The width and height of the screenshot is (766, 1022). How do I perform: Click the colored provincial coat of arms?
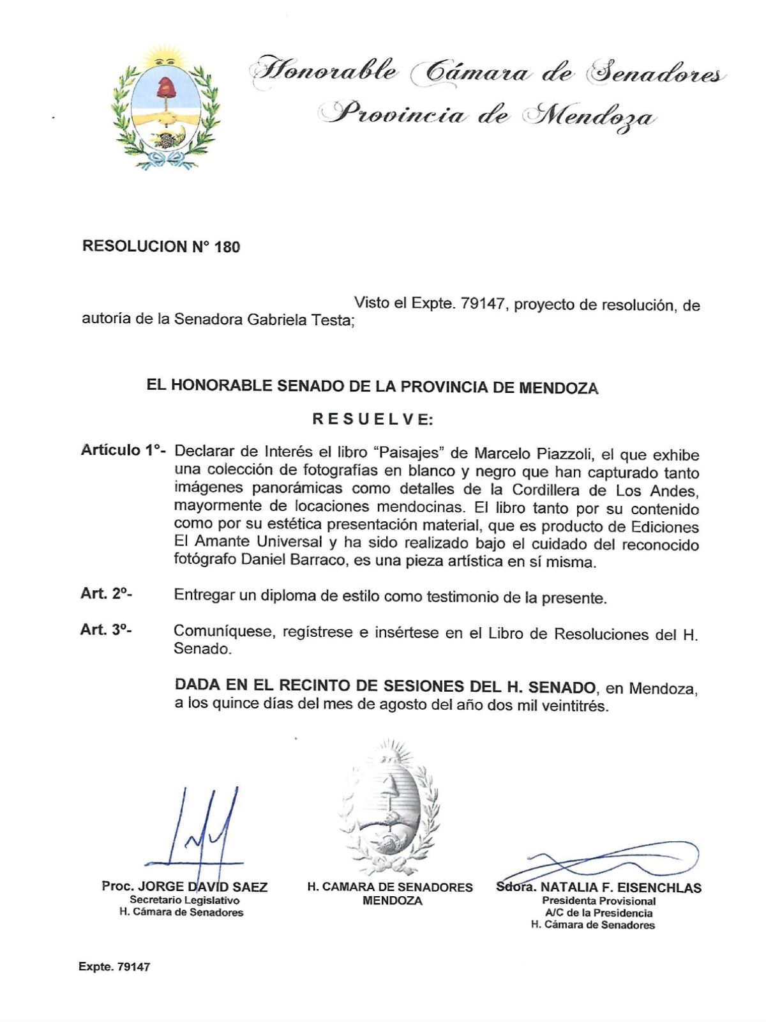(166, 107)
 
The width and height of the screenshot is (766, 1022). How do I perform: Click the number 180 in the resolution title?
(227, 247)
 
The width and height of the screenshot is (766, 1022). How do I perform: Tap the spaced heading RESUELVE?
(373, 419)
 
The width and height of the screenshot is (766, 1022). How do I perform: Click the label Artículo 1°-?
(123, 450)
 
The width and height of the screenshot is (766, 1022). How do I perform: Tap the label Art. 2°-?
(106, 593)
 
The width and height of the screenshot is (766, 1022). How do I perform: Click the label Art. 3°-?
(106, 630)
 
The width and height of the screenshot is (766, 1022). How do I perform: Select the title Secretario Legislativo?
(184, 900)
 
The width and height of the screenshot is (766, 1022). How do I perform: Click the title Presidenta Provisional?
(599, 901)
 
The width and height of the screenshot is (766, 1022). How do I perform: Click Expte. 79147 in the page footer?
(114, 967)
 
